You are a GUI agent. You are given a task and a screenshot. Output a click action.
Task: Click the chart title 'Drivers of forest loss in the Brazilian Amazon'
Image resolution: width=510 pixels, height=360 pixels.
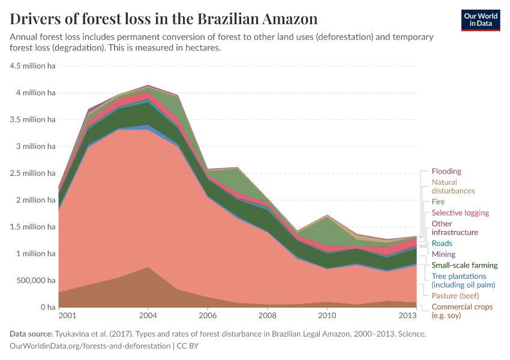(x=164, y=19)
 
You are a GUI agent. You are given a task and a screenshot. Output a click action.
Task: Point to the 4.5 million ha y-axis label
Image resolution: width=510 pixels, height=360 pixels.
(x=33, y=66)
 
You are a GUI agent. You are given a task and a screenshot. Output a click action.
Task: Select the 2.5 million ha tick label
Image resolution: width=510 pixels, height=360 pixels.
(x=33, y=173)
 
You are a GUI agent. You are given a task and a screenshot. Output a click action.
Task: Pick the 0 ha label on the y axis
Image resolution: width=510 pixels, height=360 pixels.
(x=47, y=307)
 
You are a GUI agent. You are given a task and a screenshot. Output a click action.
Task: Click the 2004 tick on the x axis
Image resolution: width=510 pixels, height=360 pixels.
(x=148, y=316)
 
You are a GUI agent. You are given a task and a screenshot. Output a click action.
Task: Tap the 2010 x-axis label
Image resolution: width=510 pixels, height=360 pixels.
(x=326, y=316)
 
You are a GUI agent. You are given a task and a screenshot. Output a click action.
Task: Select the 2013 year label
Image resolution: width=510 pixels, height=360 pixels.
(x=407, y=316)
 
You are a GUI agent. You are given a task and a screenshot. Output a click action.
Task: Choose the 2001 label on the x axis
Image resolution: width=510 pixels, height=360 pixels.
(x=67, y=316)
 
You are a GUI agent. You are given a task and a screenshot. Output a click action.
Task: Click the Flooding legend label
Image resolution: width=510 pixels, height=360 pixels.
(x=446, y=172)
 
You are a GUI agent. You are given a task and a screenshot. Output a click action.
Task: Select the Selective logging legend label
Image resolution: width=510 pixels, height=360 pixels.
(x=460, y=213)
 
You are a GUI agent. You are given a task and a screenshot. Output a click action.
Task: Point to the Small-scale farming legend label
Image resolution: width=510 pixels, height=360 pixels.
(x=464, y=265)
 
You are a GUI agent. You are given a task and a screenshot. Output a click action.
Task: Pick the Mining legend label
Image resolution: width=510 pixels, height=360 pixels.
(x=443, y=254)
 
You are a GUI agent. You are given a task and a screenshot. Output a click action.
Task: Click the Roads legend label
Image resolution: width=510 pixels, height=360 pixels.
(x=442, y=244)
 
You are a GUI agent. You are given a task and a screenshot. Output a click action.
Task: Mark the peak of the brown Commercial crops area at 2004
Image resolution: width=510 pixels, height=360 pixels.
(x=148, y=268)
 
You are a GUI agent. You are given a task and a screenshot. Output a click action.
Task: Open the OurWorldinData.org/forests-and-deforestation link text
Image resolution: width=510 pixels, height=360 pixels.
(x=90, y=346)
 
